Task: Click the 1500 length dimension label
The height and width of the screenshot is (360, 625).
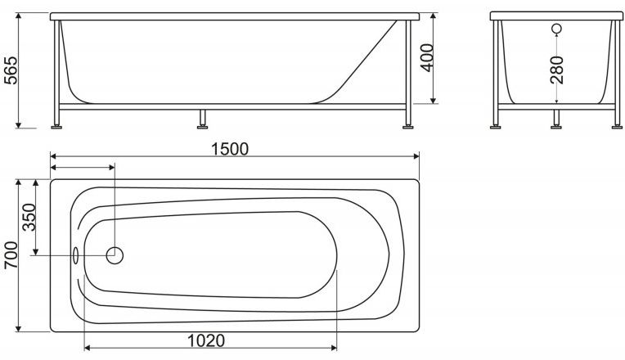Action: (230, 149)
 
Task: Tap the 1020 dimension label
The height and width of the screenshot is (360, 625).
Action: (206, 341)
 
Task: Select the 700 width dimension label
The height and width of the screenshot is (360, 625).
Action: (11, 255)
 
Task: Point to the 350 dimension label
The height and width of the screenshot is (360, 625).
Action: (29, 218)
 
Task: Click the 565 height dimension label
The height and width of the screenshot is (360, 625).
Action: (11, 70)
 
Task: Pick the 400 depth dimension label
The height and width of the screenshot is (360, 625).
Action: (427, 58)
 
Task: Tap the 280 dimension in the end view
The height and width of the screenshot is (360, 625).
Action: (557, 70)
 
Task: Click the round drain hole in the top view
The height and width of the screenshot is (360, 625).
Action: (115, 255)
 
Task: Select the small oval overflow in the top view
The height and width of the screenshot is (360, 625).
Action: (76, 255)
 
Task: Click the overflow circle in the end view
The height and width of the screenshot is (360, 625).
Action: (557, 29)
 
